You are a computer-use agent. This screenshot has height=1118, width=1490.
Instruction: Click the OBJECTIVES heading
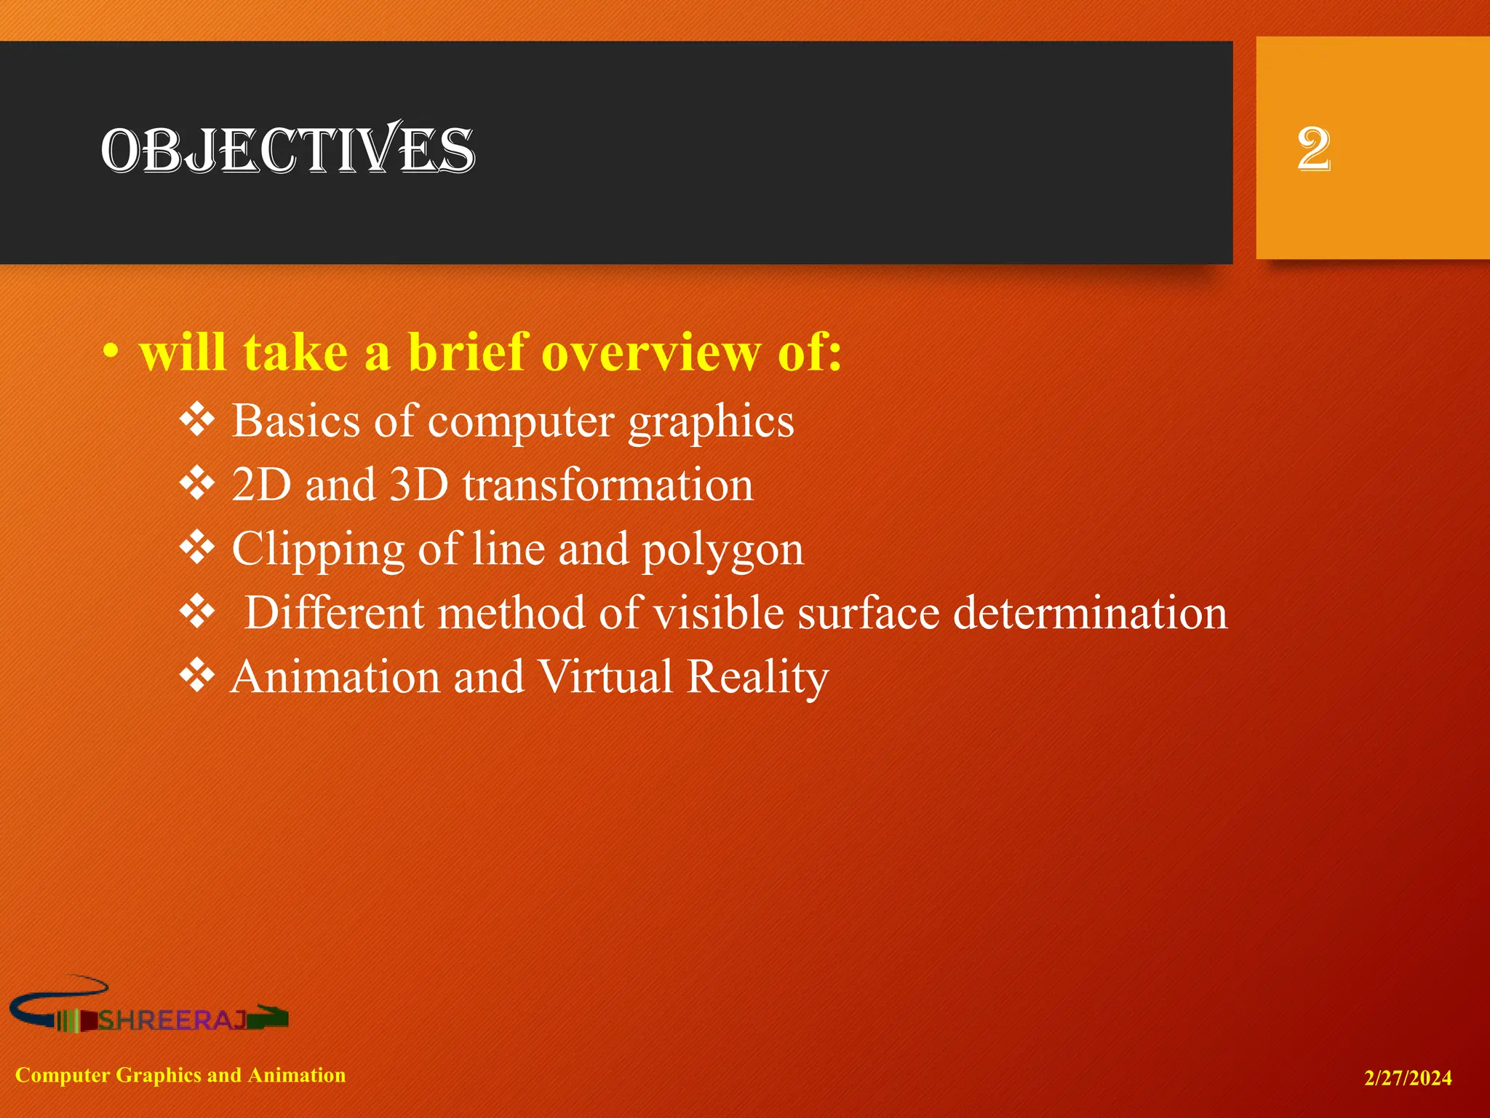288,151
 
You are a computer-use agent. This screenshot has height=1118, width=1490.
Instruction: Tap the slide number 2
1313,149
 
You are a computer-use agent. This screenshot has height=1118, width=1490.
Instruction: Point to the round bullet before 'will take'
110,353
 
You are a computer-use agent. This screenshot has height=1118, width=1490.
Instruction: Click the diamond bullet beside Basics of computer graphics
197,420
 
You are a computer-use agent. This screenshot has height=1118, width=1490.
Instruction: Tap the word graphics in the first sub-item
711,422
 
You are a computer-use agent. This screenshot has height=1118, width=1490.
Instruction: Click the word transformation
608,485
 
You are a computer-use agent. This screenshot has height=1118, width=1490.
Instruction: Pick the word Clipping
317,550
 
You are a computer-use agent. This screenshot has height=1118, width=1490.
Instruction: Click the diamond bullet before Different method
197,612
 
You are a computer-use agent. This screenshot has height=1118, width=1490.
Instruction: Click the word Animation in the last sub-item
335,676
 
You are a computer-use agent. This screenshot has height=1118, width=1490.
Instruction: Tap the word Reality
757,677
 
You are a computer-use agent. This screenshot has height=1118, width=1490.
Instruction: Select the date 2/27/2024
1407,1078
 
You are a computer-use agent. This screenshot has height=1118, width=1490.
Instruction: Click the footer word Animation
296,1075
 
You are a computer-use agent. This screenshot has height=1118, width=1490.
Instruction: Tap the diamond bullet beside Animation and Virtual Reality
197,675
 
